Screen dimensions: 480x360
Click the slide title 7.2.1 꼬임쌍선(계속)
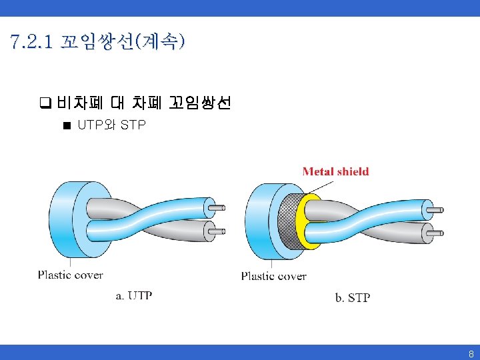97,43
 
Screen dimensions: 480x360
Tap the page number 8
470,353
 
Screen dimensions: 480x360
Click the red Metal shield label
335,171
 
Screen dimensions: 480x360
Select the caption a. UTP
134,295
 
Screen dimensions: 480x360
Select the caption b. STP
352,297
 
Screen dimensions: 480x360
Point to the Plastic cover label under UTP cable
70,274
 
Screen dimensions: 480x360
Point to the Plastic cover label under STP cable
273,275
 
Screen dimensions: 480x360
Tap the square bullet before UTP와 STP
67,125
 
